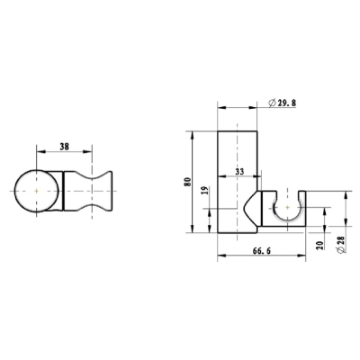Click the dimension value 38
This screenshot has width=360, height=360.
tap(64, 147)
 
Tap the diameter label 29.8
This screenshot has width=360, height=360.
tap(287, 103)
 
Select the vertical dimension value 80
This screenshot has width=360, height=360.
tap(188, 182)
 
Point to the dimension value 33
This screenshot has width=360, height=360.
tap(239, 172)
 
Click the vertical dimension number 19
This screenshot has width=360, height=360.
tap(205, 190)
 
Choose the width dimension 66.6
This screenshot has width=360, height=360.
tap(262, 251)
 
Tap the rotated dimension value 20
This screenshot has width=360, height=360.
tap(319, 245)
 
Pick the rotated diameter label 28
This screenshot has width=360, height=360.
tap(341, 240)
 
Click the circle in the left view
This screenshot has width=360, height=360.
tap(15, 191)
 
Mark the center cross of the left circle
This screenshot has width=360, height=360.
tap(36, 191)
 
